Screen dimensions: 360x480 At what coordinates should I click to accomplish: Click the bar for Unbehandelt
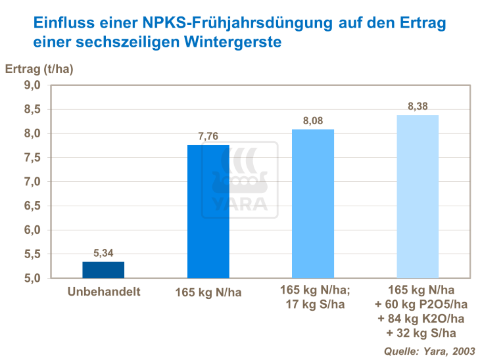click(103, 270)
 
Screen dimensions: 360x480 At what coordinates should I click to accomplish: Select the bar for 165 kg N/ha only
click(208, 212)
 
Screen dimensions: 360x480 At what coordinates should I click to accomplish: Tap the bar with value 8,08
click(313, 204)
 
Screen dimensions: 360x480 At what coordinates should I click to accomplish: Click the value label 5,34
click(103, 253)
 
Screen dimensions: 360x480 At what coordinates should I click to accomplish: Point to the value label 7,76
click(208, 137)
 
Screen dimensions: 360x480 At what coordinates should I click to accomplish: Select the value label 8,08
click(313, 121)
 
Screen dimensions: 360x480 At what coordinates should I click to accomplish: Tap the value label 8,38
click(418, 106)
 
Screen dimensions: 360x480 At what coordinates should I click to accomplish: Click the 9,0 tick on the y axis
click(33, 85)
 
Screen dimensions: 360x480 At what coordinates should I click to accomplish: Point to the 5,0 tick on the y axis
click(33, 278)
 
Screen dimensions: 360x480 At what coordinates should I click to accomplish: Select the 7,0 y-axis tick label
click(33, 181)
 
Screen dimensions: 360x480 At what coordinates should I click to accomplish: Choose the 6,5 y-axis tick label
click(33, 206)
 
